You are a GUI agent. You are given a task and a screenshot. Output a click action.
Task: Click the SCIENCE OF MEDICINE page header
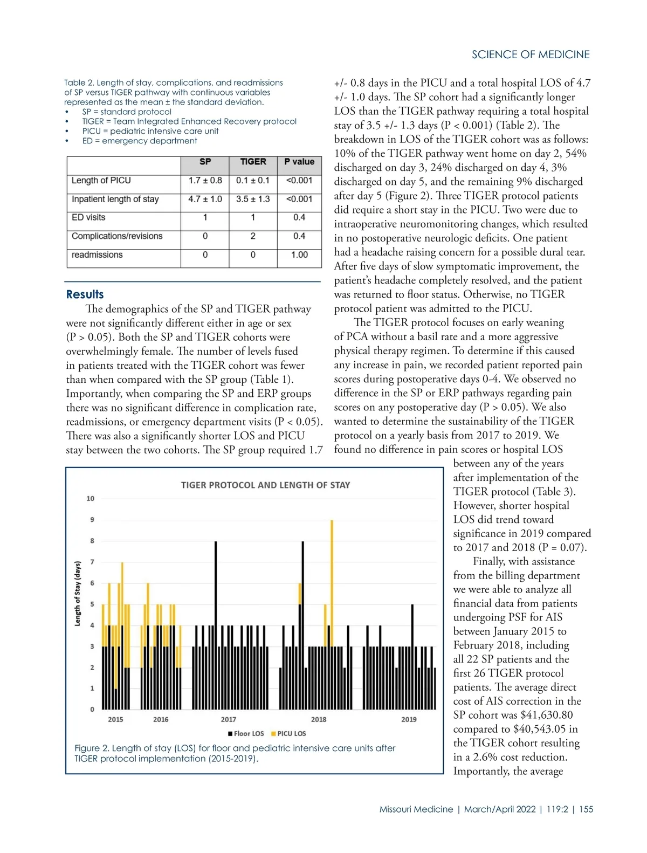[x=531, y=54]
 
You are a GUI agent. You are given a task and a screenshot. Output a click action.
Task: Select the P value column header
[x=299, y=162]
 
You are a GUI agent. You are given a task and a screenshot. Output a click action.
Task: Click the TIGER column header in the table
[x=253, y=162]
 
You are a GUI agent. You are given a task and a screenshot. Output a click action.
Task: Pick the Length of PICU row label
[x=101, y=180]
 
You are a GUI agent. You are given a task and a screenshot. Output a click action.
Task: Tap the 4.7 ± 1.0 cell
[x=205, y=199]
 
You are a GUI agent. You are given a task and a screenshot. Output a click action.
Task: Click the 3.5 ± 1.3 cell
[x=253, y=199]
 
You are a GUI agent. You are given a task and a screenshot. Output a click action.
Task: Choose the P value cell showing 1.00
[x=299, y=254]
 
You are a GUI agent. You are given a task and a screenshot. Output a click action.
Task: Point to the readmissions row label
[x=97, y=254]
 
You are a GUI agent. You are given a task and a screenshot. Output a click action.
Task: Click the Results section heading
[x=85, y=294]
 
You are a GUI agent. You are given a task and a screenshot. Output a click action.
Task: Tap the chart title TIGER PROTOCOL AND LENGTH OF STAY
[x=265, y=485]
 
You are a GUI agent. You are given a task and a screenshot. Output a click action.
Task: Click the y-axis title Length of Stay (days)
[x=78, y=594]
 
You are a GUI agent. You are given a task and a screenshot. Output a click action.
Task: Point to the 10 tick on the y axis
[x=90, y=499]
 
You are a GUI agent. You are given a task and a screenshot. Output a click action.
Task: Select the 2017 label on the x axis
[x=229, y=719]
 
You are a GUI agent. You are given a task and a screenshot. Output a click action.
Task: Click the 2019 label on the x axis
[x=409, y=719]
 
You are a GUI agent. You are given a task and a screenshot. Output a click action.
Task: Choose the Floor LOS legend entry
[x=246, y=733]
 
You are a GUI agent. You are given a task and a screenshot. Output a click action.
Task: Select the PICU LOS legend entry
[x=289, y=733]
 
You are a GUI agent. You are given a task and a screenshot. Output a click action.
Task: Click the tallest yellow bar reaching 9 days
[x=332, y=582]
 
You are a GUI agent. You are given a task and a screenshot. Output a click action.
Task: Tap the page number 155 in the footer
[x=586, y=809]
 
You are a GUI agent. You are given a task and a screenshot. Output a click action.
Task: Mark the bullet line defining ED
[x=139, y=141]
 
